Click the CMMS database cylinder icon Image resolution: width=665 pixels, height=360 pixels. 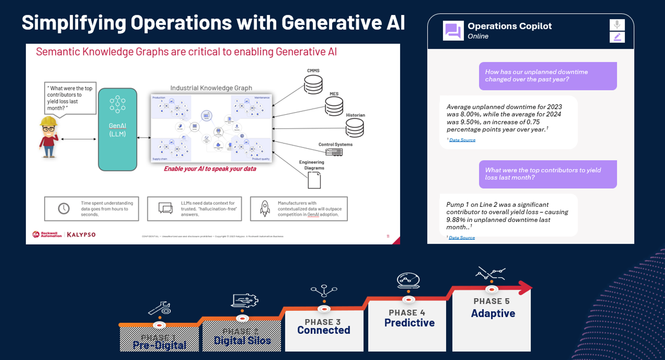click(313, 84)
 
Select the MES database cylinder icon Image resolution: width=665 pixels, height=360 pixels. click(334, 106)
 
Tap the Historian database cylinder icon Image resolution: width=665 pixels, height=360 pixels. click(355, 128)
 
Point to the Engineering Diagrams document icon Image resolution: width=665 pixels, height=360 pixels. click(314, 180)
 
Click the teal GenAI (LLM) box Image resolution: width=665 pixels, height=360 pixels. click(118, 130)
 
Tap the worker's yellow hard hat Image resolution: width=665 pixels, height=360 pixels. click(49, 121)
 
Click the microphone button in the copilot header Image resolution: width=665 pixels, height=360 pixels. click(617, 25)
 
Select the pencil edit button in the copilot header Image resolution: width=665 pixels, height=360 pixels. click(617, 37)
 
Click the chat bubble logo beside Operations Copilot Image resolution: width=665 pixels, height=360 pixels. click(453, 31)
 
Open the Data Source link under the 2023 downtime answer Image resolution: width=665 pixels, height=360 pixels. click(462, 140)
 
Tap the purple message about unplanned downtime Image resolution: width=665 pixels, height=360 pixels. click(547, 76)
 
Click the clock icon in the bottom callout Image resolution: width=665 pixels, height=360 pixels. click(64, 208)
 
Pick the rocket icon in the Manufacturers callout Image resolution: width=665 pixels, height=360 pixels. click(265, 208)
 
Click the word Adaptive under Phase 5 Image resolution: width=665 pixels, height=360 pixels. click(493, 313)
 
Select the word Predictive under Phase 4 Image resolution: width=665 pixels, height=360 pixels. click(409, 323)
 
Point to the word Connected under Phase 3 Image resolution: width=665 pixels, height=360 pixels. click(324, 330)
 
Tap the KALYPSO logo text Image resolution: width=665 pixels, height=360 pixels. click(81, 235)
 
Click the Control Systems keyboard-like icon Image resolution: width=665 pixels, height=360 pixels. click(334, 152)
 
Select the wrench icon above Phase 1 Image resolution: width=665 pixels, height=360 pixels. click(160, 308)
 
